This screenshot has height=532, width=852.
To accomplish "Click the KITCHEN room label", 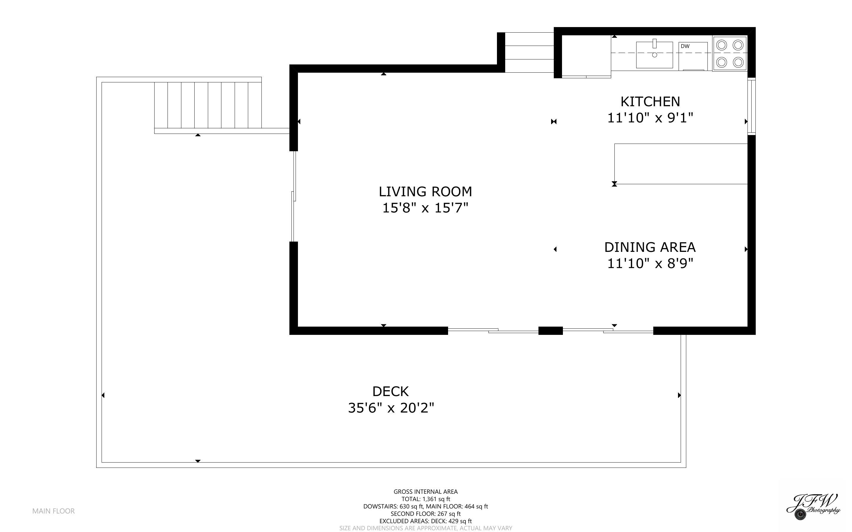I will point(650,102).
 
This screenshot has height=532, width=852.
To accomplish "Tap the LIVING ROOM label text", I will point(425,192).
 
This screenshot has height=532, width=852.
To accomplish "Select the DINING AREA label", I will point(650,247).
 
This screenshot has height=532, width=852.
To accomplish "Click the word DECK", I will point(390,392).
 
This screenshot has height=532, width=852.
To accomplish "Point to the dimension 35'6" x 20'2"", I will point(391,408).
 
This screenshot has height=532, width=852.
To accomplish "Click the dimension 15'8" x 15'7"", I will point(425,208).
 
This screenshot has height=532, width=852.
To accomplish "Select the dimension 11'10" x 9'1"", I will point(650,118).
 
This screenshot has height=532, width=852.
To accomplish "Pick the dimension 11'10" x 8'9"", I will point(650,264).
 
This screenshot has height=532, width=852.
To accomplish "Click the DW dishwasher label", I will point(685,46).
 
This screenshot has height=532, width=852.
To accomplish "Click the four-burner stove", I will point(730,54).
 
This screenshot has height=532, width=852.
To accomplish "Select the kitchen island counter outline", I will point(681,164).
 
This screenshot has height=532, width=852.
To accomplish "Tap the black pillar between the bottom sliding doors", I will point(551,330).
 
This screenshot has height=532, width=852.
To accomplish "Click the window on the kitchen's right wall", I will point(751,107).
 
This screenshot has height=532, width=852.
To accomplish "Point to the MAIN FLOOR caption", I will point(54,511).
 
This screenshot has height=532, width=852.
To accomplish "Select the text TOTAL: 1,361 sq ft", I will point(425,499).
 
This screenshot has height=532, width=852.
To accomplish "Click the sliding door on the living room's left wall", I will point(294,196).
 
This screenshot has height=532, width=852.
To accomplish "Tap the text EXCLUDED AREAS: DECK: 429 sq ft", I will point(425,521).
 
